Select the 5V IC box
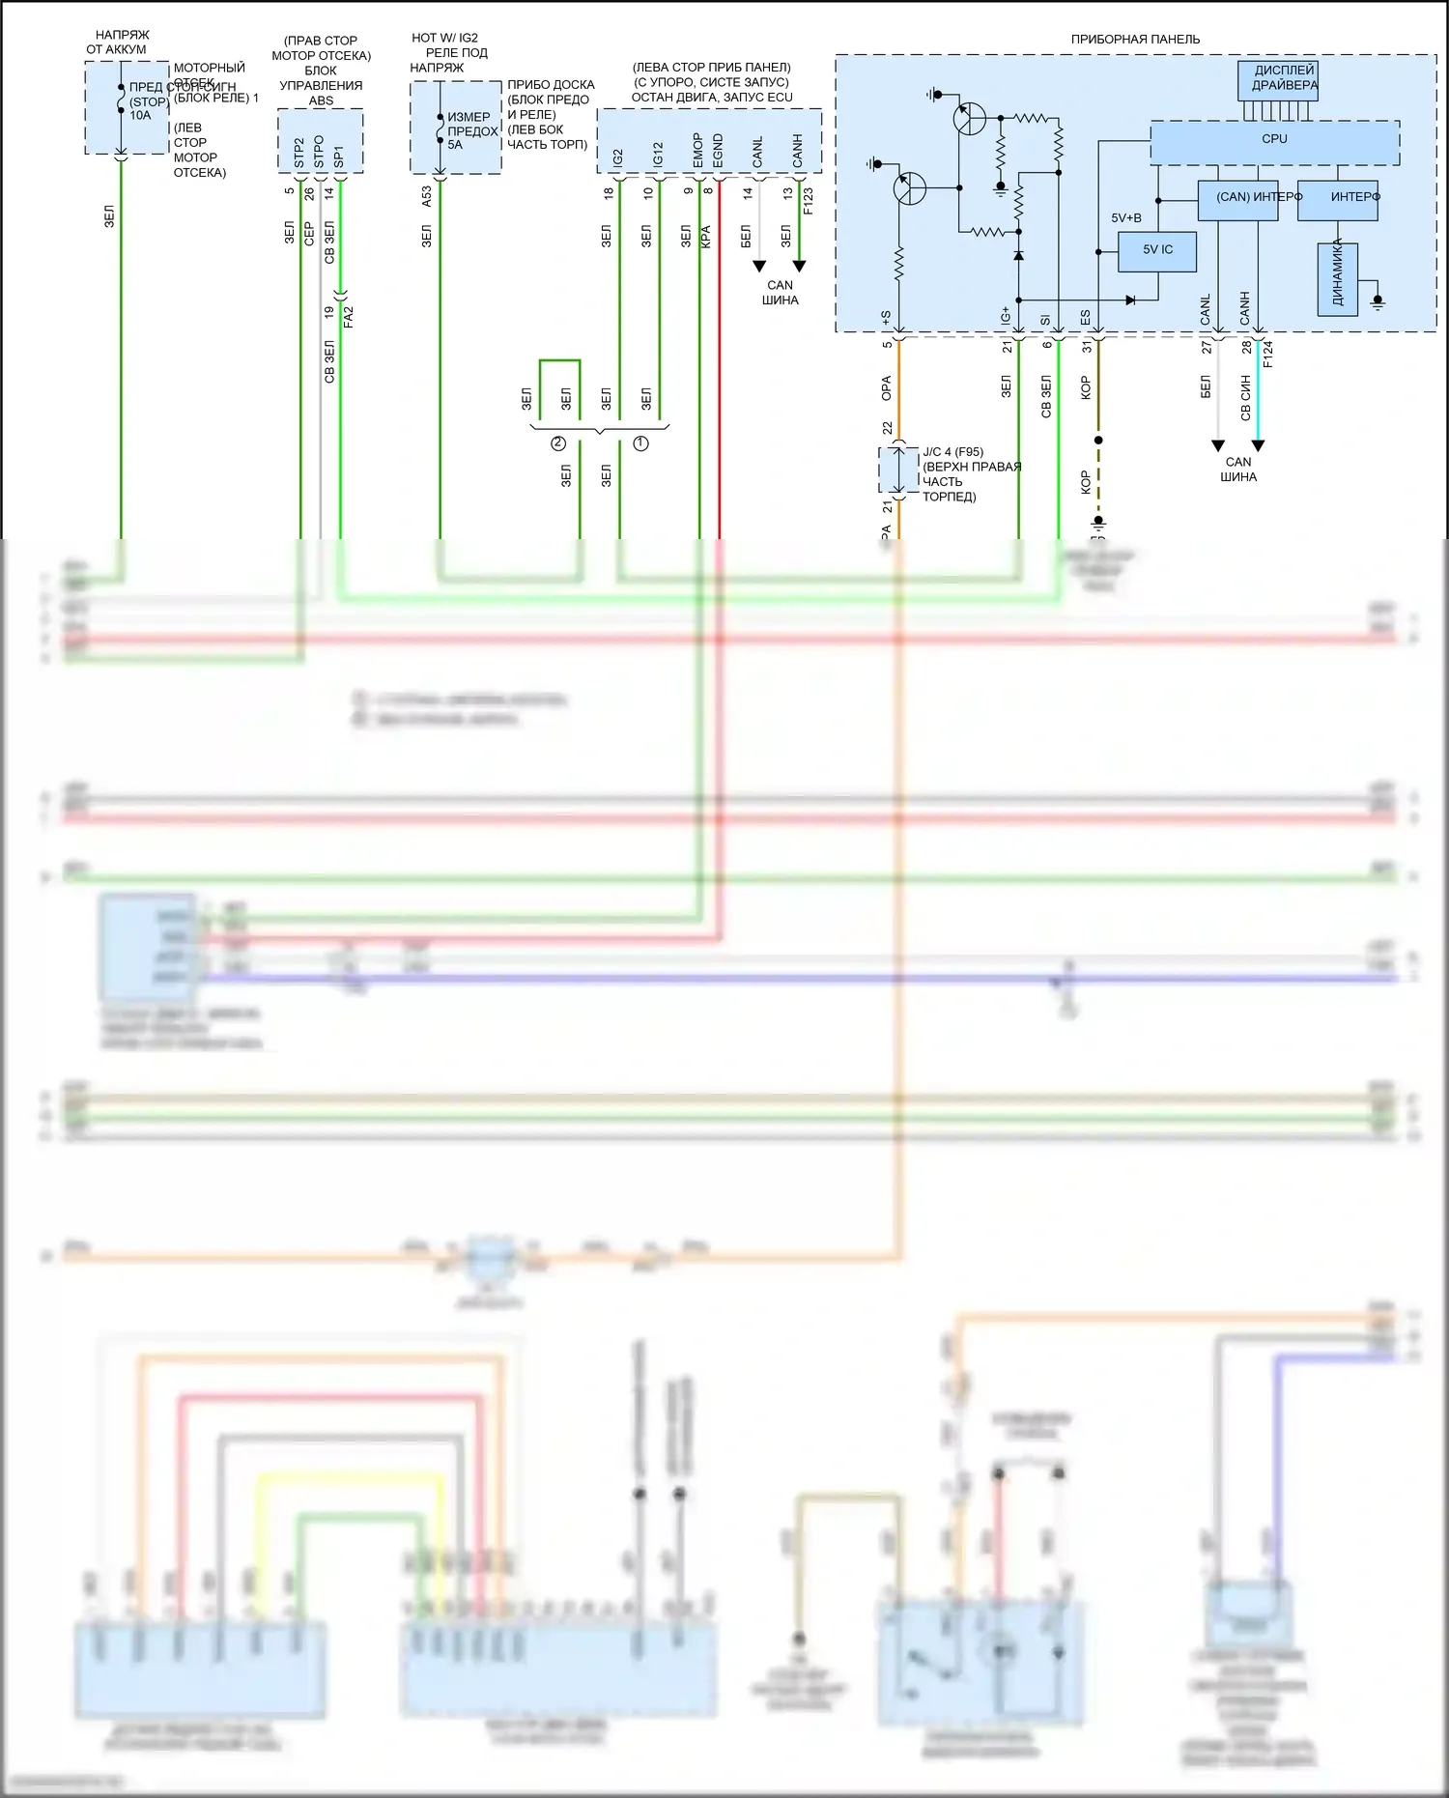1157,250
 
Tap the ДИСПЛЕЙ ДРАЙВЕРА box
1278,79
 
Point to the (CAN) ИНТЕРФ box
1237,198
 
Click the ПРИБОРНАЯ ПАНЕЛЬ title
1135,40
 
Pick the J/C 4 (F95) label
952,452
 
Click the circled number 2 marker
558,443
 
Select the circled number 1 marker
640,443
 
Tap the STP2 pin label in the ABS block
298,153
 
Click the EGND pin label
718,152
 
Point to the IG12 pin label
658,155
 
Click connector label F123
809,200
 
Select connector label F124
1268,354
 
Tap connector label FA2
349,317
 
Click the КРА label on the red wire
706,238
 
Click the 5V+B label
1125,218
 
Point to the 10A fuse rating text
141,116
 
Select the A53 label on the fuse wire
427,197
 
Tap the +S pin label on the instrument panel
886,317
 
